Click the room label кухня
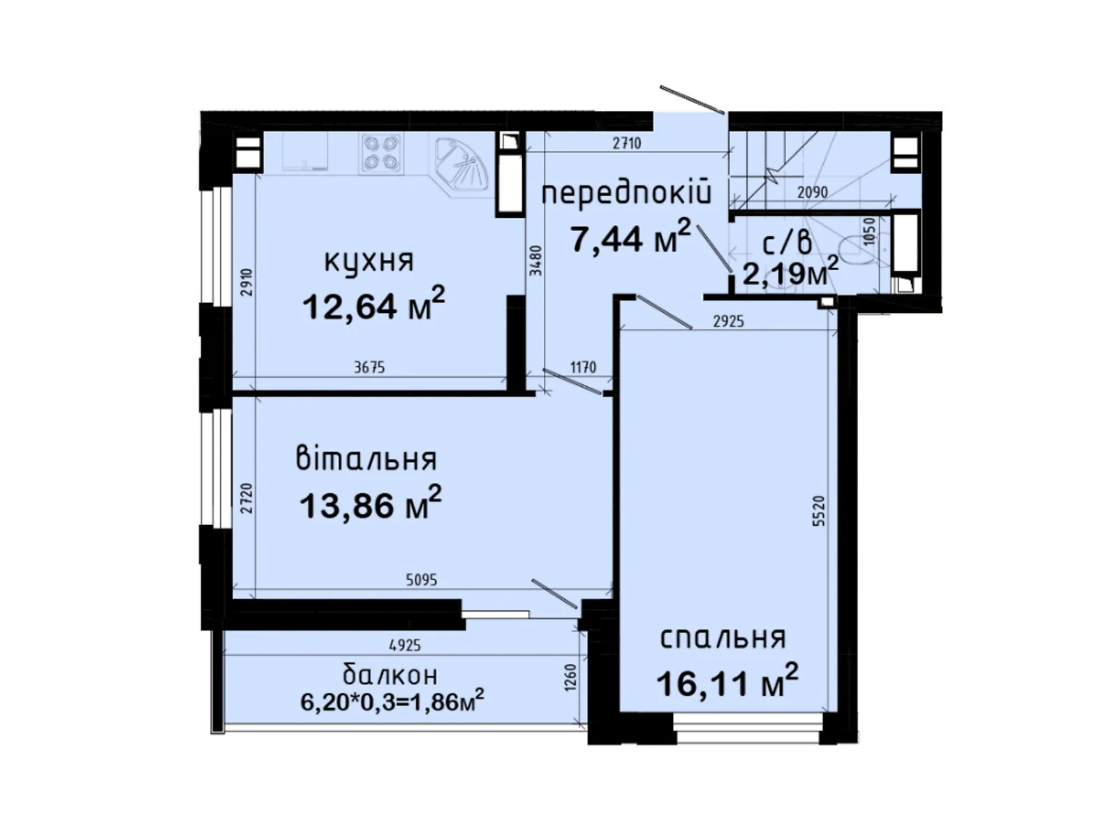[369, 262]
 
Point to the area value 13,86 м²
[371, 503]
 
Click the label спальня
[723, 639]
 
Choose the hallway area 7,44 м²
[630, 237]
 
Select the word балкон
[390, 675]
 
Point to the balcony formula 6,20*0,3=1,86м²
[392, 702]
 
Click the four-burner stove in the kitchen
[381, 153]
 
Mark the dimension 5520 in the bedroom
[818, 511]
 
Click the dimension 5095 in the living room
[422, 580]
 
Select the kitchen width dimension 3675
[370, 367]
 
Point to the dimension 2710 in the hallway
[627, 143]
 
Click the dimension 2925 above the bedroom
[729, 321]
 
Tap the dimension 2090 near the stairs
[813, 192]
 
